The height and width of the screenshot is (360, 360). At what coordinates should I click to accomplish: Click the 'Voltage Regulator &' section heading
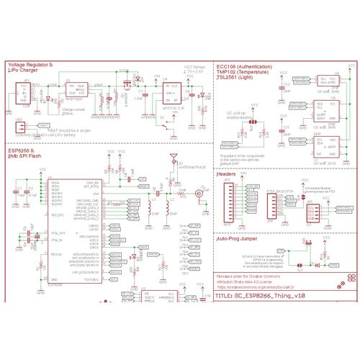[30, 65]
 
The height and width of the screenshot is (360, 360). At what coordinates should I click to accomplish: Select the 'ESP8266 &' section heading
[20, 150]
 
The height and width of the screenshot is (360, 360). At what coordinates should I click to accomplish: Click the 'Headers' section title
[226, 174]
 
